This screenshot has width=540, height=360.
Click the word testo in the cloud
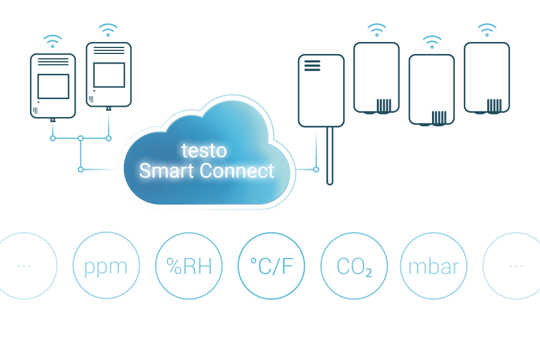click(x=204, y=151)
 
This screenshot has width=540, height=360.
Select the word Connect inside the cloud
click(x=237, y=170)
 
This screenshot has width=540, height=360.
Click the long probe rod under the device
click(x=329, y=156)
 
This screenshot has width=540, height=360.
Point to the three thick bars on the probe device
click(x=313, y=65)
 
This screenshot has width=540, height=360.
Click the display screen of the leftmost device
click(x=53, y=86)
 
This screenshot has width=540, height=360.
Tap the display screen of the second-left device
click(x=109, y=75)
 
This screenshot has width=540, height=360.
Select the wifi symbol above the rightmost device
click(x=487, y=30)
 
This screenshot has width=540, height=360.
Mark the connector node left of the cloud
click(x=80, y=169)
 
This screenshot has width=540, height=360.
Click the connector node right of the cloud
click(x=316, y=169)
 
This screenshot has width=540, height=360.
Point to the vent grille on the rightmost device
click(x=494, y=106)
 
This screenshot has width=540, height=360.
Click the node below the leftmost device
click(x=53, y=139)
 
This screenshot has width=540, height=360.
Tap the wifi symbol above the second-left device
click(x=108, y=30)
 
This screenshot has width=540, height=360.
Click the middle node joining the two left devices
click(x=80, y=139)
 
